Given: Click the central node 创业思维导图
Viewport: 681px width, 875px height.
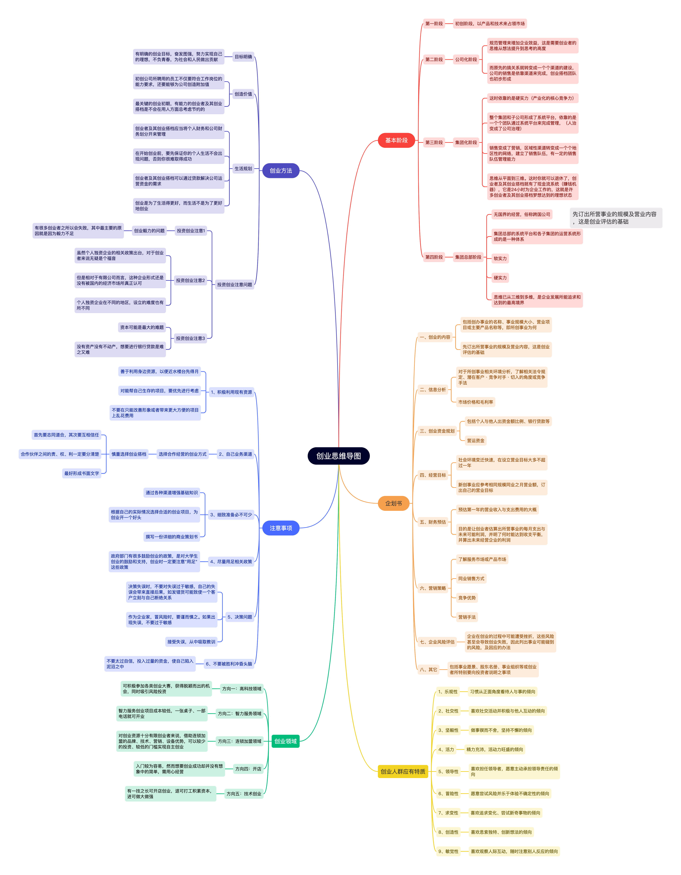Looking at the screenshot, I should (338, 456).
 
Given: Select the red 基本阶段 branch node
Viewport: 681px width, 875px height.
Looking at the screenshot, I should (396, 140).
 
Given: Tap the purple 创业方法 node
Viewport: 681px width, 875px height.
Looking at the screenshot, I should (281, 171).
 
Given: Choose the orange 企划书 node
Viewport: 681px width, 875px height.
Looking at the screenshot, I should (393, 503).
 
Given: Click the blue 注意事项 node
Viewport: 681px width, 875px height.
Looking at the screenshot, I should (281, 528).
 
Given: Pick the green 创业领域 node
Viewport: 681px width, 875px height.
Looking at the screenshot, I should (285, 741).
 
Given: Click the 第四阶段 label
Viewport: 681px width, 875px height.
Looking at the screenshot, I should (434, 257).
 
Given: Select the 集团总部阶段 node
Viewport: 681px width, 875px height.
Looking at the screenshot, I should (468, 257).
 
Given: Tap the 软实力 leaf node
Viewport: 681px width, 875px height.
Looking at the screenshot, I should (500, 258).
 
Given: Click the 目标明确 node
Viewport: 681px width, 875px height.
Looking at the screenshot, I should (243, 57).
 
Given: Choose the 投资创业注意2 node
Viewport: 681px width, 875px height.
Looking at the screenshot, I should (190, 280).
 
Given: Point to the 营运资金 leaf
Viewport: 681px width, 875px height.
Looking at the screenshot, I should (475, 441).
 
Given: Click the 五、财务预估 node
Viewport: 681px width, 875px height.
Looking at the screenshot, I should (433, 522).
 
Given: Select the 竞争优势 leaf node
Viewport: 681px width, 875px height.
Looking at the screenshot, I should (467, 598).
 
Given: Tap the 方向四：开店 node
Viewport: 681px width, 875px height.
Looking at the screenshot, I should (248, 769).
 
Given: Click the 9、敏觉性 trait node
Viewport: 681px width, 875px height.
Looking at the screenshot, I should (448, 851).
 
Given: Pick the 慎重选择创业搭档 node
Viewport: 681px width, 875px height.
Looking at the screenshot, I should (129, 454).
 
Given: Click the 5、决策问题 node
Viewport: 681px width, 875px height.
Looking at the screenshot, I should (240, 617).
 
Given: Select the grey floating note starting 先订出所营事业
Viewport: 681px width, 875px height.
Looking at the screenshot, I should (616, 218).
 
